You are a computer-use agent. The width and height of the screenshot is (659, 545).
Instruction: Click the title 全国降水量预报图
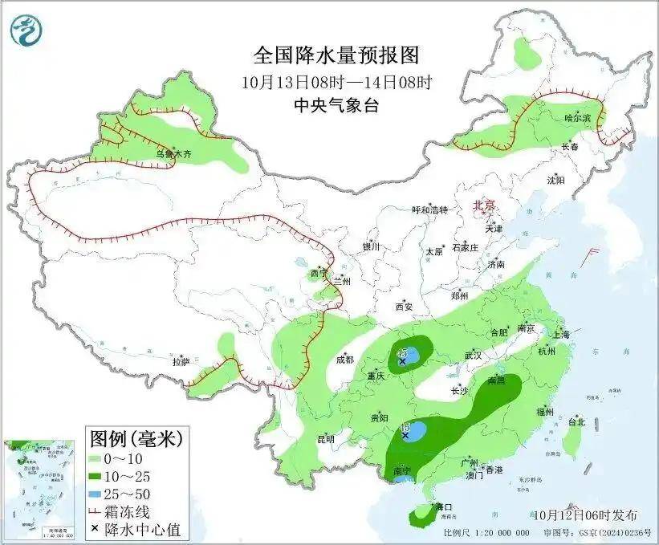click(x=336, y=55)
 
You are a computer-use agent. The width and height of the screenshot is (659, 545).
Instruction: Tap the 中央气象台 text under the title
click(x=336, y=104)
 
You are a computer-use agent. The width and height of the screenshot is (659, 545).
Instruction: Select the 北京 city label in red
click(x=485, y=205)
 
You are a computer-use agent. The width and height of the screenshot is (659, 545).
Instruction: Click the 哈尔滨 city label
click(x=576, y=118)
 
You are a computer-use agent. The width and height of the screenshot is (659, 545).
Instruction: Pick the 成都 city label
click(x=345, y=360)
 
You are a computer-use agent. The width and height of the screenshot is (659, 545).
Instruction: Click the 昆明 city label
click(x=326, y=439)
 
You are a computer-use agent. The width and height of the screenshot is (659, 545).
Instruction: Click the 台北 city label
click(x=576, y=421)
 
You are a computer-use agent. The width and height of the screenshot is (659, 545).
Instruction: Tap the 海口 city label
click(x=444, y=507)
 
